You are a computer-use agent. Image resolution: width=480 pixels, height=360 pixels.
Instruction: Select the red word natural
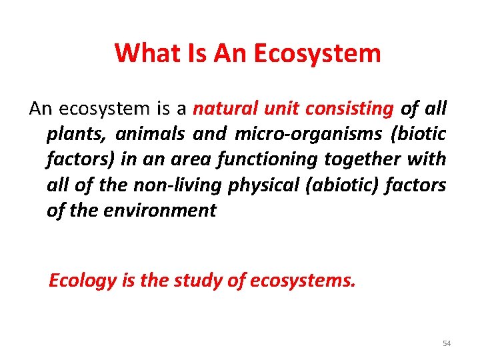(226, 109)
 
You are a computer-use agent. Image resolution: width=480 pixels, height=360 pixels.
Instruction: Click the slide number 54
(447, 343)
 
